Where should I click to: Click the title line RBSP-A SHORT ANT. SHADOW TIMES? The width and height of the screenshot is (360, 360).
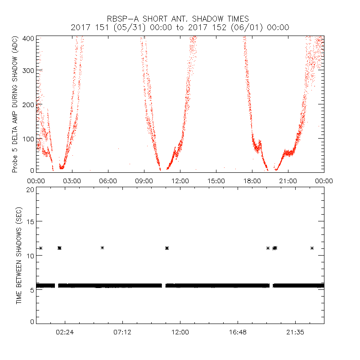coord(180,19)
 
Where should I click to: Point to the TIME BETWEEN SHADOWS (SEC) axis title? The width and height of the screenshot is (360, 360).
coord(18,256)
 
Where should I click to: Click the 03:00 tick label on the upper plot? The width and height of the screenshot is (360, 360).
coord(72,181)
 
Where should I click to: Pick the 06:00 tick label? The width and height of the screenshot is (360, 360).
coord(108,181)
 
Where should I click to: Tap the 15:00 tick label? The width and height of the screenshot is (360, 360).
coord(216,181)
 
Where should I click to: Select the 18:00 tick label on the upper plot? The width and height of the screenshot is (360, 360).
coord(252,181)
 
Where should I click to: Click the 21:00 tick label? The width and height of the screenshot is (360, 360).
coord(288,181)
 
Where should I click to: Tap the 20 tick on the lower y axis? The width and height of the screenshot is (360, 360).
coord(30,190)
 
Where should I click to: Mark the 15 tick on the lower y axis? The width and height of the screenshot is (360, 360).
coord(30,222)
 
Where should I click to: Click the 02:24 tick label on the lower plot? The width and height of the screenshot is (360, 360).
coord(65,332)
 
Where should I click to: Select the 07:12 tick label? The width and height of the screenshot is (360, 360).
coord(122,332)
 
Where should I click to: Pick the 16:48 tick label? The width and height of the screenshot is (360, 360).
coord(238,332)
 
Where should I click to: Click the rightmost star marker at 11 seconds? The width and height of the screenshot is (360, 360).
coord(312,248)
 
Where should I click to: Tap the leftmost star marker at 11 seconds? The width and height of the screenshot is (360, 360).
coord(40,248)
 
